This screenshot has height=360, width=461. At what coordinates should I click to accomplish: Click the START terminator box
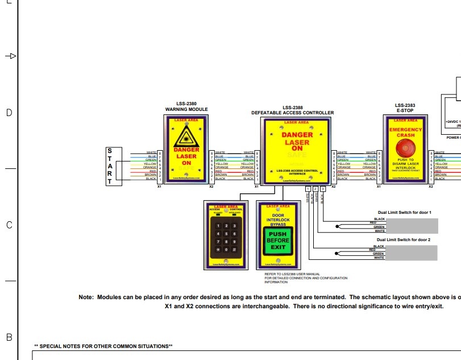(110, 166)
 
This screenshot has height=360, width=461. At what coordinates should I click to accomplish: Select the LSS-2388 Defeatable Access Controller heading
(293, 110)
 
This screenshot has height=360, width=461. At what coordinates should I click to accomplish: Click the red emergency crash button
(405, 149)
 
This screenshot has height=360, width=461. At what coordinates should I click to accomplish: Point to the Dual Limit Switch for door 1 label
(404, 213)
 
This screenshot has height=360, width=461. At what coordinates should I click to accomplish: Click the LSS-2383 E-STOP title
(405, 107)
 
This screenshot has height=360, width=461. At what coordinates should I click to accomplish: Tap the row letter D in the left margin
(9, 113)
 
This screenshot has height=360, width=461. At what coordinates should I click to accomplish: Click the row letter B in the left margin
(9, 337)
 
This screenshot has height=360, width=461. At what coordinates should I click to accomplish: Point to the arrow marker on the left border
(10, 56)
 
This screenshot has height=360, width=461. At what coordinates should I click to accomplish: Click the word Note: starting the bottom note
(85, 297)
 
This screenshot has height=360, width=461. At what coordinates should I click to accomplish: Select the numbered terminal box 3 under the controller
(323, 189)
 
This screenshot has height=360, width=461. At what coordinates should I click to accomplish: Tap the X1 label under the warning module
(160, 186)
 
